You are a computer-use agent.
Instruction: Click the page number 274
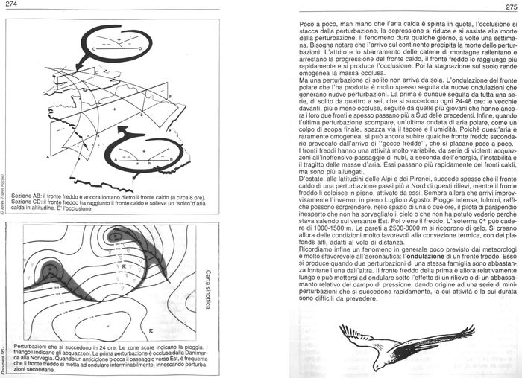pyautogui.click(x=10, y=7)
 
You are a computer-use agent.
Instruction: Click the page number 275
pyautogui.click(x=510, y=7)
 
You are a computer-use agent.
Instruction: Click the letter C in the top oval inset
pyautogui.click(x=95, y=48)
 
